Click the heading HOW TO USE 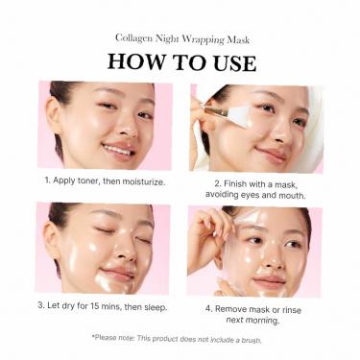(x=181, y=61)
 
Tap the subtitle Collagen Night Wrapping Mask (x=181, y=38)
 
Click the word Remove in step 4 (x=229, y=307)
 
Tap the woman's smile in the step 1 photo (x=118, y=149)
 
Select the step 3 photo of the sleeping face (x=104, y=248)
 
